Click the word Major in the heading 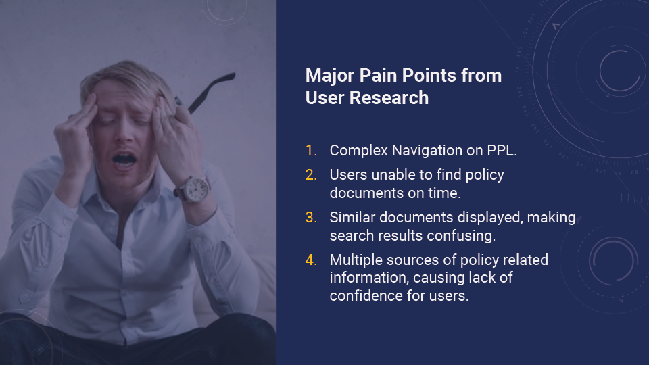pyautogui.click(x=330, y=76)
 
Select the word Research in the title pyautogui.click(x=389, y=98)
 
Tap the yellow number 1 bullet pyautogui.click(x=311, y=150)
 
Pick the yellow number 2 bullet pyautogui.click(x=311, y=174)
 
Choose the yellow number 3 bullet pyautogui.click(x=311, y=217)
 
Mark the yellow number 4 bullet pyautogui.click(x=311, y=260)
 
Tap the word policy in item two pyautogui.click(x=485, y=176)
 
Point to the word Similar pyautogui.click(x=352, y=217)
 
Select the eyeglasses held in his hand pyautogui.click(x=207, y=93)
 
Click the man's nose pyautogui.click(x=122, y=135)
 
